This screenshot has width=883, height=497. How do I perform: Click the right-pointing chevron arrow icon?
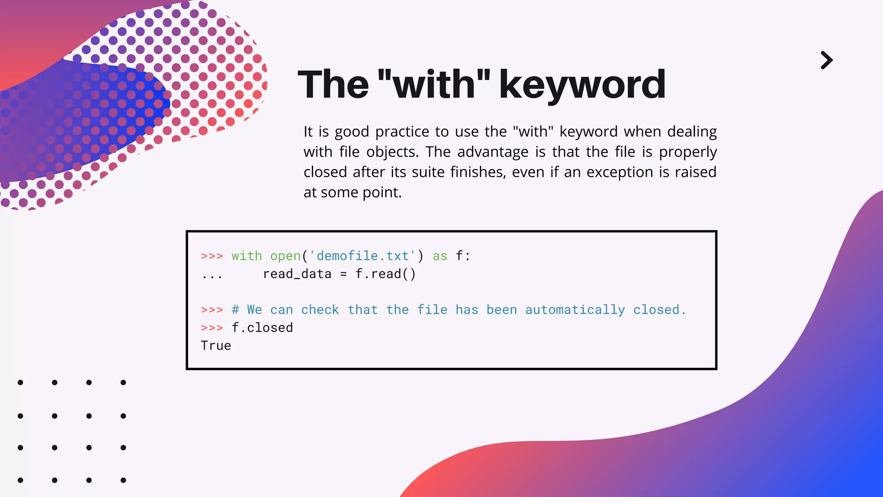pos(827,60)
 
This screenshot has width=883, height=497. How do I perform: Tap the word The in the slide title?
pos(333,85)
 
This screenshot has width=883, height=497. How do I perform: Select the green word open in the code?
pos(285,256)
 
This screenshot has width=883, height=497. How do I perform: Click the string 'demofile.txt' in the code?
pos(363,256)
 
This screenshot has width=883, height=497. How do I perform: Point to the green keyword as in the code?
pos(440,256)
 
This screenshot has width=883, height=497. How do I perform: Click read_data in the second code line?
pos(297,274)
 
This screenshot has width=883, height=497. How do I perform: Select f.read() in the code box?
pos(385,274)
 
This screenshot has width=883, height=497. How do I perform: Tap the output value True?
pos(216,346)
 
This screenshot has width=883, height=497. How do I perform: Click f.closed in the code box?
pos(262,328)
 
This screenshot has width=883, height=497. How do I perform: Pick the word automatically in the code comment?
pos(575,310)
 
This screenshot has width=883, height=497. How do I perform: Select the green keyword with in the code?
pos(247,256)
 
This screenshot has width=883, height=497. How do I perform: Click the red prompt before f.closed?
pos(212,328)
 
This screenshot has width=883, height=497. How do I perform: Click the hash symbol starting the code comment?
pos(235,310)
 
